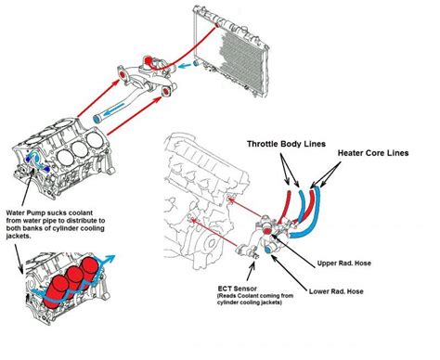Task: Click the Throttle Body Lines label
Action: (x=286, y=144)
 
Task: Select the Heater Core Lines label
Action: (x=373, y=153)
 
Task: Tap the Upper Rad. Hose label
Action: (x=343, y=264)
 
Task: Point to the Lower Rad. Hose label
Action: (x=336, y=291)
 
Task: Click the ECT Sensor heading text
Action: (x=238, y=289)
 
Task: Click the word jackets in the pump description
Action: (x=18, y=236)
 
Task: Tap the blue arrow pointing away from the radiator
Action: (x=185, y=66)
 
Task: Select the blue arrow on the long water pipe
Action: (x=113, y=109)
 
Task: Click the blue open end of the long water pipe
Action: (x=97, y=119)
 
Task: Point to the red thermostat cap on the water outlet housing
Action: (x=149, y=60)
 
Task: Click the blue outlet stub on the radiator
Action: (x=196, y=63)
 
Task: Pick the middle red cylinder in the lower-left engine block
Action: (x=74, y=281)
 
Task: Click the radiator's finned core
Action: (x=242, y=60)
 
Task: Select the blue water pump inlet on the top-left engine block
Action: (x=35, y=158)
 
